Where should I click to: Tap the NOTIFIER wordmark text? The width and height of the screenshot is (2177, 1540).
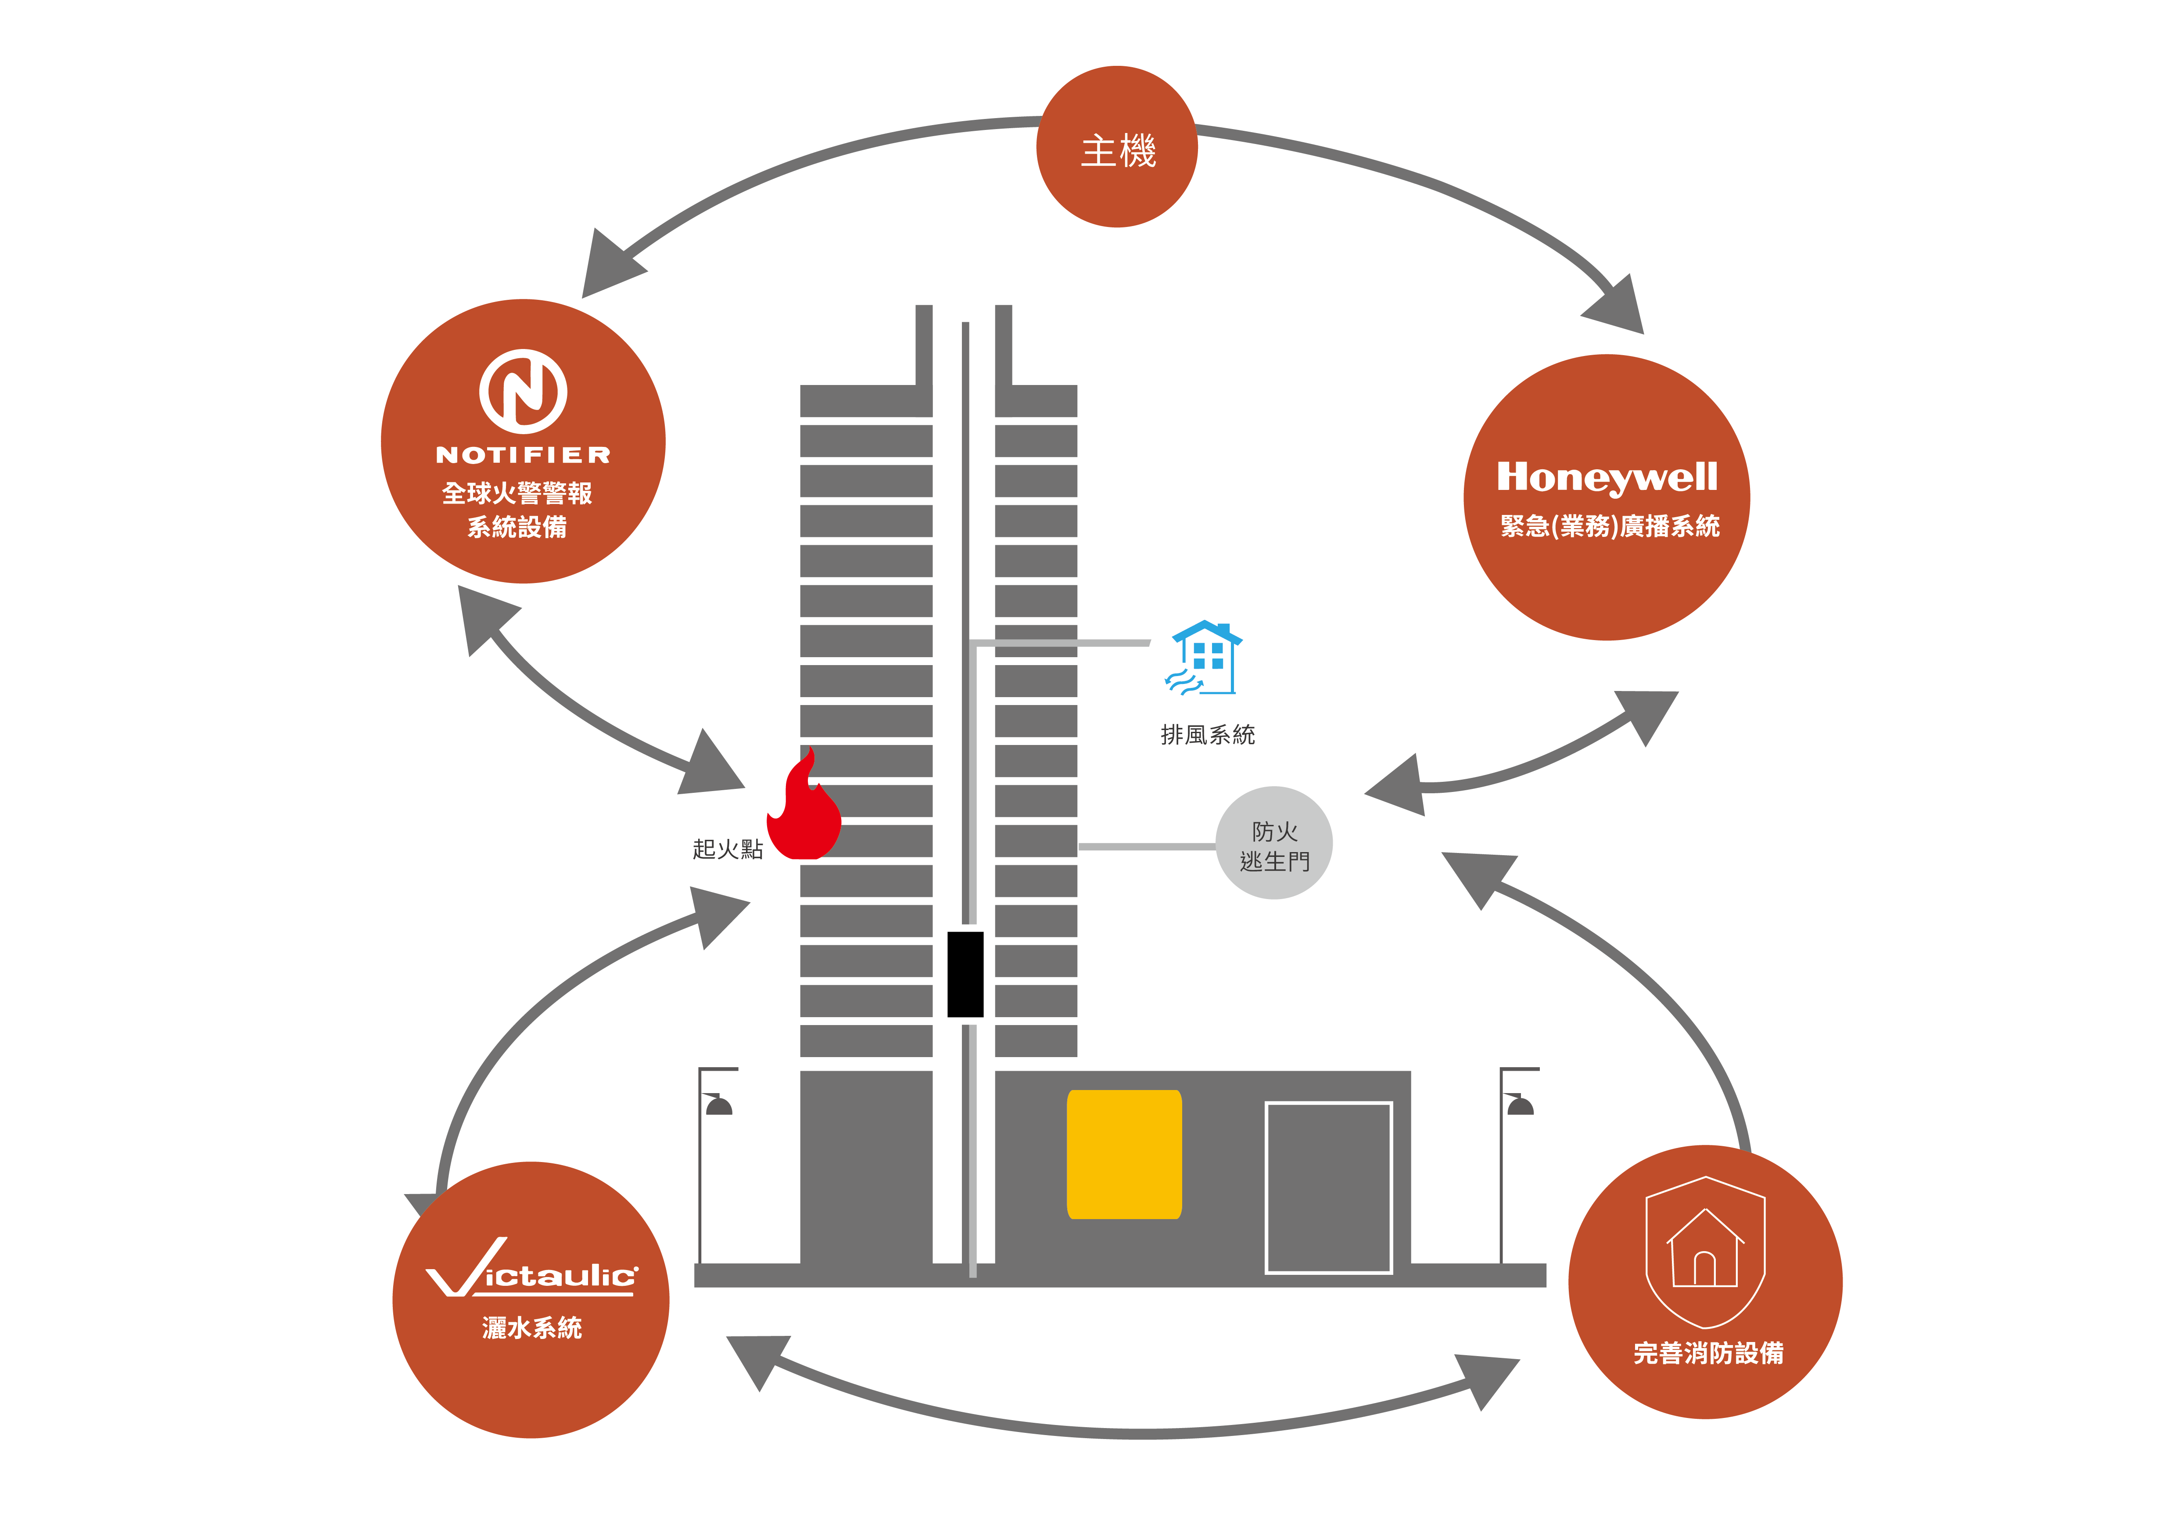(523, 455)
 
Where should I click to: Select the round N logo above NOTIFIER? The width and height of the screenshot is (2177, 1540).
(523, 391)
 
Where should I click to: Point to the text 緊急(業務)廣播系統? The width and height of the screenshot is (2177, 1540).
(1609, 526)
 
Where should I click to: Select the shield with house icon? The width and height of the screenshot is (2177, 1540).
(1705, 1252)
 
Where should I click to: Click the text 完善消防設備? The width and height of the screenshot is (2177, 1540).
(1707, 1353)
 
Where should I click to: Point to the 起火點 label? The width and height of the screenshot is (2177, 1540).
(727, 849)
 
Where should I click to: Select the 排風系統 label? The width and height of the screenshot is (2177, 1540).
(1207, 735)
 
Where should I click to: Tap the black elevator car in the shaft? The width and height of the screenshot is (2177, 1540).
(965, 974)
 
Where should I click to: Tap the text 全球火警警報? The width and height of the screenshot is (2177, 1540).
(517, 493)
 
